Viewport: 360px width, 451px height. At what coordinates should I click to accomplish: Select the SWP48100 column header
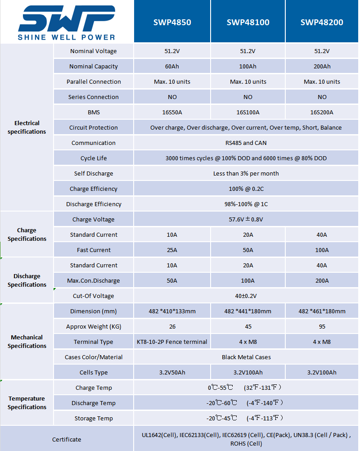pos(248,22)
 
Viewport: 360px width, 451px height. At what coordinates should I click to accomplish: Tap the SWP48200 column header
pos(322,22)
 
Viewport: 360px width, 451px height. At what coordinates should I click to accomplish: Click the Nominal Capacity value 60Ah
pos(172,67)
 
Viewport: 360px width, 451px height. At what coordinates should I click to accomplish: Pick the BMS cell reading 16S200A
pos(322,113)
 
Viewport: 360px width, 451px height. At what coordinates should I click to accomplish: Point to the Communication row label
pos(94,143)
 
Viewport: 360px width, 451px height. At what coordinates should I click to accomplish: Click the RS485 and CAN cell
pos(246,143)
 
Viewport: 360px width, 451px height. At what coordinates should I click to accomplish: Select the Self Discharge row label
pos(94,174)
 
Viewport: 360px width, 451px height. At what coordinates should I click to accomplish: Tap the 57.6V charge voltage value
pos(246,220)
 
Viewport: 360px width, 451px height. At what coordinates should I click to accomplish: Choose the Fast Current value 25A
pos(172,250)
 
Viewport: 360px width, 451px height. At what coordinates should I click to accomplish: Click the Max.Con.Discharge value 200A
pos(322,281)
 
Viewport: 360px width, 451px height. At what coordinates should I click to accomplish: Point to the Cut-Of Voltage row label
pos(94,296)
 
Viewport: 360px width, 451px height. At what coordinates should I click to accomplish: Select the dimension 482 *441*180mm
pos(248,311)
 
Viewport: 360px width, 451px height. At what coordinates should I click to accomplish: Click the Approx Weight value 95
pos(322,327)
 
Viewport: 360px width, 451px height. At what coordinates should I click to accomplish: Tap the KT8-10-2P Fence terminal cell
pos(172,342)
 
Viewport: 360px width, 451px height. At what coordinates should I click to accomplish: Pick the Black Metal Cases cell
pos(246,357)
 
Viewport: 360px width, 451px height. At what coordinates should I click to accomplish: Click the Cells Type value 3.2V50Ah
pos(172,373)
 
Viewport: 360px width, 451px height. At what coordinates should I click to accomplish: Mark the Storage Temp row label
pos(94,419)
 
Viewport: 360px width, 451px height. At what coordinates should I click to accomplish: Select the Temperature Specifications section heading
pos(27,403)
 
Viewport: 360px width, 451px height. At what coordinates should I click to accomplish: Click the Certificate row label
pos(67,439)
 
